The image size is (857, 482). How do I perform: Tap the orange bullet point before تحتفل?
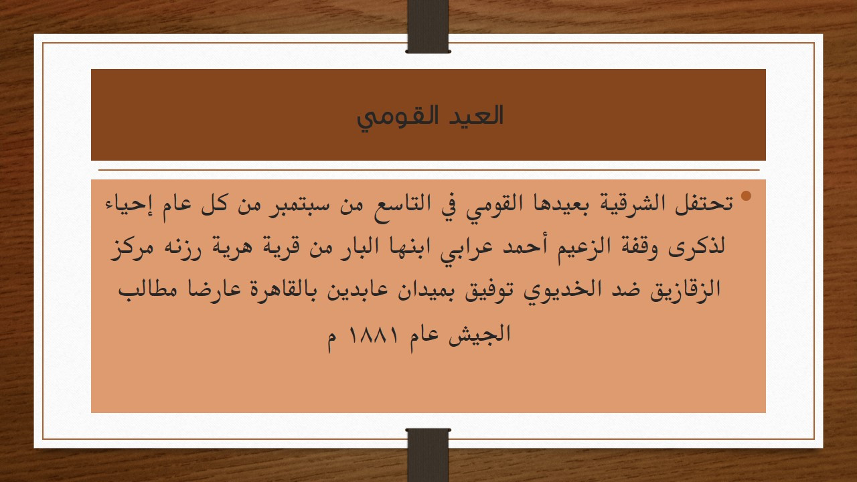(746, 197)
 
